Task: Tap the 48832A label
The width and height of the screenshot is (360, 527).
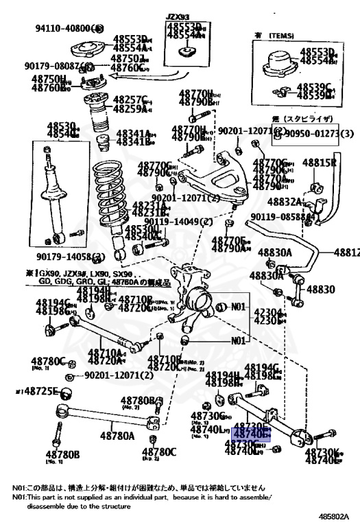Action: [284, 202]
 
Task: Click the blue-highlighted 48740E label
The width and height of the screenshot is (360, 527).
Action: [252, 434]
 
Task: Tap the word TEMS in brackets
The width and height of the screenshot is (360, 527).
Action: [280, 35]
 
